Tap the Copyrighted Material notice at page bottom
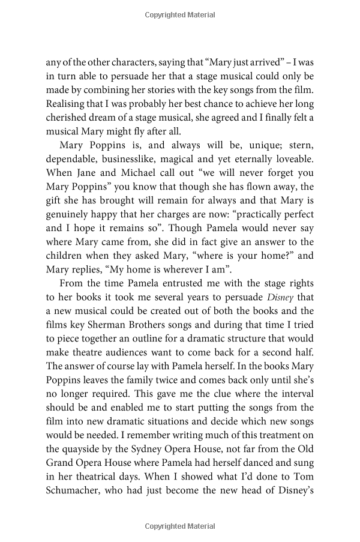[179, 526]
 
